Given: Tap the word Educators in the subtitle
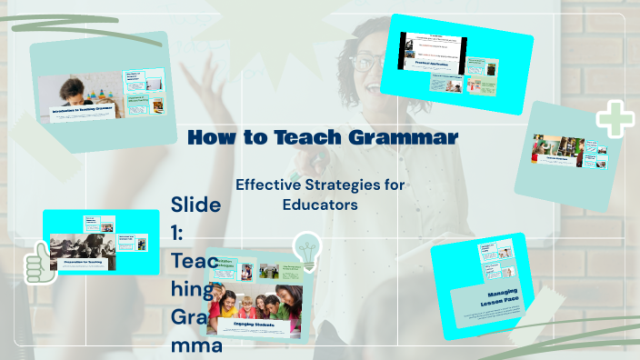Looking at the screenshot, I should pyautogui.click(x=319, y=205).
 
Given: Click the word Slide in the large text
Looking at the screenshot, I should pyautogui.click(x=195, y=204).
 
